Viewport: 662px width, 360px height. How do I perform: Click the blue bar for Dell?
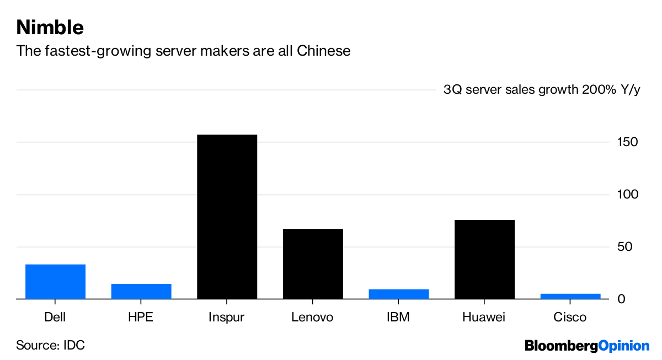pyautogui.click(x=55, y=282)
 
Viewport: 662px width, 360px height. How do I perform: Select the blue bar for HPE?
pyautogui.click(x=141, y=291)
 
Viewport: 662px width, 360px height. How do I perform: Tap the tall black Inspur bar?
pyautogui.click(x=227, y=217)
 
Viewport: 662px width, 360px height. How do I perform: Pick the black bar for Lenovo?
pyautogui.click(x=313, y=264)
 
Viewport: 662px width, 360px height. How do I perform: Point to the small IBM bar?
pyautogui.click(x=398, y=294)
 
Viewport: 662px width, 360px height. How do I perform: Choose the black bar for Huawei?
pyautogui.click(x=484, y=259)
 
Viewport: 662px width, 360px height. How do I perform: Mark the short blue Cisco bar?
pyautogui.click(x=570, y=296)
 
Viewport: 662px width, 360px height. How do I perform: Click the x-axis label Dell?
pyautogui.click(x=55, y=318)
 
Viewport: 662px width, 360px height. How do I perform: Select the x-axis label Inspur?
pyautogui.click(x=227, y=318)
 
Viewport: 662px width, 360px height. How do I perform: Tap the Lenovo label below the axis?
pyautogui.click(x=313, y=318)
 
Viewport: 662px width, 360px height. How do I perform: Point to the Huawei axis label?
pyautogui.click(x=484, y=318)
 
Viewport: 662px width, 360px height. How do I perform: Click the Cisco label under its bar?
pyautogui.click(x=570, y=318)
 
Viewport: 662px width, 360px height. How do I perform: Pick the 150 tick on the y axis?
pyautogui.click(x=628, y=142)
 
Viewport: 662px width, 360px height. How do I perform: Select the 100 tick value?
pyautogui.click(x=628, y=195)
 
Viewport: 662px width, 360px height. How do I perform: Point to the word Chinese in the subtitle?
pyautogui.click(x=324, y=51)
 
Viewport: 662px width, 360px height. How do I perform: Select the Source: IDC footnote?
pyautogui.click(x=51, y=346)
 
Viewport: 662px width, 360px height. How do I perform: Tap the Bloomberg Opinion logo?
pyautogui.click(x=587, y=346)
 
